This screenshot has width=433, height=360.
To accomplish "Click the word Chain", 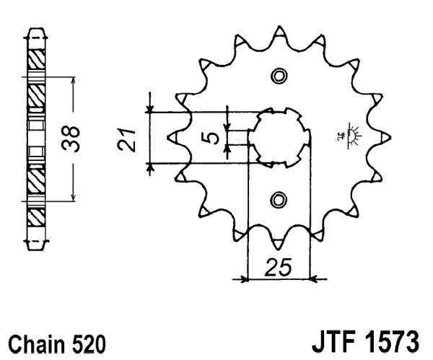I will click(x=34, y=341).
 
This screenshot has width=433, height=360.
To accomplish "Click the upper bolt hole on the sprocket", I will click(x=279, y=76).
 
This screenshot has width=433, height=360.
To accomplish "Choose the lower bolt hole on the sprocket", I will click(x=279, y=199).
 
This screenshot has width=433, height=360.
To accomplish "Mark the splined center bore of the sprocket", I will click(x=279, y=137).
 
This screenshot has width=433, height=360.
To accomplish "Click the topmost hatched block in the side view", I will click(x=36, y=57).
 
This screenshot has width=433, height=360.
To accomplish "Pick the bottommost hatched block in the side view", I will click(x=36, y=217).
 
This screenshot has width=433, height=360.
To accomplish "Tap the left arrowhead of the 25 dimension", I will click(x=245, y=278).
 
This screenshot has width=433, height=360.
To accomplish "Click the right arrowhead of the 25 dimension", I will click(x=312, y=278).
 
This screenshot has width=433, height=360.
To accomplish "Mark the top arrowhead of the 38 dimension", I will click(x=72, y=78).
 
